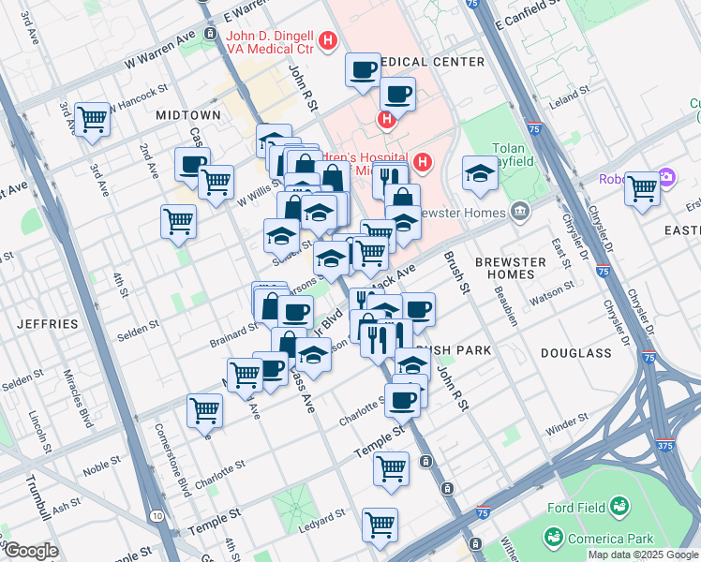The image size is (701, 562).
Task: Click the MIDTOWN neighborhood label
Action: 188,114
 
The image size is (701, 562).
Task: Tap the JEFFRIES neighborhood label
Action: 47,324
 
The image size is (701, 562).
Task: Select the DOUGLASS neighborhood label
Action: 571,352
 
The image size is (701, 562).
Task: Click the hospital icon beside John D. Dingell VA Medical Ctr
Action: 328,40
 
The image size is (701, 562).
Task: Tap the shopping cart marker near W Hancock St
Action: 92,119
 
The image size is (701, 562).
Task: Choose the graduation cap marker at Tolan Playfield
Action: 480,173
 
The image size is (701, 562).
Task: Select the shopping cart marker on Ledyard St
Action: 380,525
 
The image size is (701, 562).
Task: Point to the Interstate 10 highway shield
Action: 156,516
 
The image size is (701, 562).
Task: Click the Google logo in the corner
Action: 30,551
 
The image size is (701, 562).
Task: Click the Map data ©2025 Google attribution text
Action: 643,555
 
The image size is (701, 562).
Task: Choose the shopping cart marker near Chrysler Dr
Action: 642,188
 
